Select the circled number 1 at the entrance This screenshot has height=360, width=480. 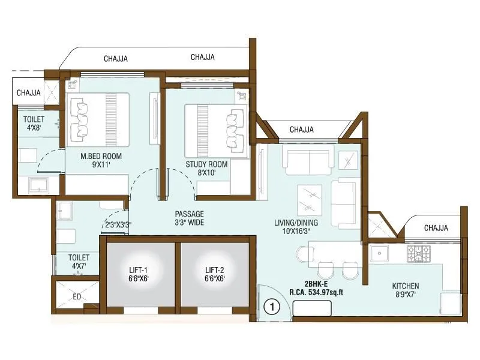pyautogui.click(x=272, y=307)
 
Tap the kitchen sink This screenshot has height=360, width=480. pyautogui.click(x=380, y=254)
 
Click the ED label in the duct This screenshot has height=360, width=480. pyautogui.click(x=77, y=296)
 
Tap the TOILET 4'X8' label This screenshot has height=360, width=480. pyautogui.click(x=29, y=123)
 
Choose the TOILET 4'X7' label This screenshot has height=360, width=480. pyautogui.click(x=80, y=261)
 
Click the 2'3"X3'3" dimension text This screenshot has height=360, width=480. pyautogui.click(x=118, y=225)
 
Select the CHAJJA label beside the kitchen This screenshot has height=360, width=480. pyautogui.click(x=436, y=228)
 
